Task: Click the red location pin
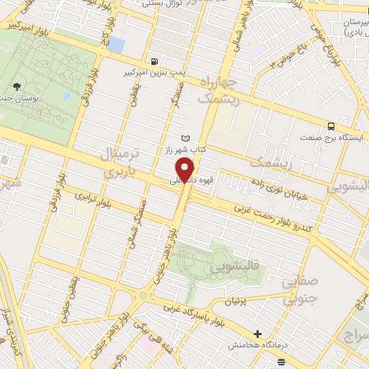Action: pyautogui.click(x=187, y=170)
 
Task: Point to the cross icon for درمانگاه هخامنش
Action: pyautogui.click(x=257, y=334)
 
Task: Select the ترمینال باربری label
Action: pyautogui.click(x=115, y=162)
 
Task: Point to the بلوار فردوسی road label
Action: pyautogui.click(x=84, y=89)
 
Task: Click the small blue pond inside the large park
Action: pyautogui.click(x=66, y=95)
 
